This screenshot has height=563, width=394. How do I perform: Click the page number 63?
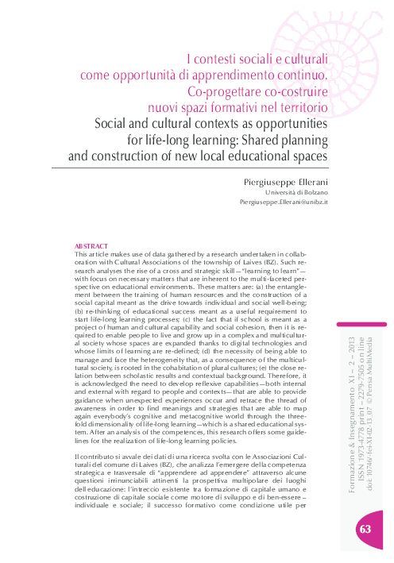coord(365,530)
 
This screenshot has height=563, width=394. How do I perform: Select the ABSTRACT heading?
coord(90,247)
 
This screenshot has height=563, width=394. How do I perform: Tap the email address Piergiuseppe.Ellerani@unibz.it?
coord(284,203)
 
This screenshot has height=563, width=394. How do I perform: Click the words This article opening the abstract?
coord(92,254)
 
